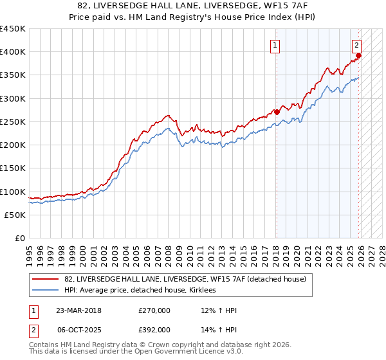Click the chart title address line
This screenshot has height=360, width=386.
[x=192, y=6]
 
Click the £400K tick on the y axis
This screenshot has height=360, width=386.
[x=13, y=52]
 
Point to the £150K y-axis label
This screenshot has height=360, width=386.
[x=13, y=168]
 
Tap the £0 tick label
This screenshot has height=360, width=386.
[x=19, y=239]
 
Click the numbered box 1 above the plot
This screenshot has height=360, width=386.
[x=275, y=45]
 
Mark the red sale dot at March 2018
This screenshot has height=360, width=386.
[x=277, y=112]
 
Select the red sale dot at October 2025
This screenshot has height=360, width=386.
[x=359, y=55]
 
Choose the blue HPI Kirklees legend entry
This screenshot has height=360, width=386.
[x=140, y=290]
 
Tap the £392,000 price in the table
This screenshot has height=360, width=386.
[x=154, y=329]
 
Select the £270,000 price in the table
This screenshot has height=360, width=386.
[x=154, y=310]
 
